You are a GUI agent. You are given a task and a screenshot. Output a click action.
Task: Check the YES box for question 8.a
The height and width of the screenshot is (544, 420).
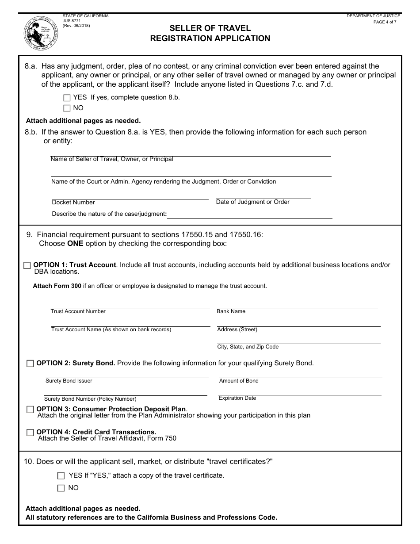point(67,98)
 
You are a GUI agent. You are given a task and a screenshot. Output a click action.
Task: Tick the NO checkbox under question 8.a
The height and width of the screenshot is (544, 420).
point(67,108)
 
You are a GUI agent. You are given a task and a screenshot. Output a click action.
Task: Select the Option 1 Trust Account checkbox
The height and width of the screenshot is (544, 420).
point(27,265)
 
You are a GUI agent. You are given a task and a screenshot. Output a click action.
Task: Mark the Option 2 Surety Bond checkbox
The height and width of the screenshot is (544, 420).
point(30,364)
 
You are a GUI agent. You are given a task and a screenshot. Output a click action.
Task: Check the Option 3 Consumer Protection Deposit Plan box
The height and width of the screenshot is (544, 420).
point(30,410)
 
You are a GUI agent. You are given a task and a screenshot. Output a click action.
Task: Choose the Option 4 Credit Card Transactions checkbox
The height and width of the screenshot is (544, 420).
point(30,433)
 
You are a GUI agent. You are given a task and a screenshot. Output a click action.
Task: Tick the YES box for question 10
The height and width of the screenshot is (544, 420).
point(61,476)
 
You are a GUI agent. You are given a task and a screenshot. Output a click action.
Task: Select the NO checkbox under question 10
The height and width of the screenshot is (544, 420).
point(61,488)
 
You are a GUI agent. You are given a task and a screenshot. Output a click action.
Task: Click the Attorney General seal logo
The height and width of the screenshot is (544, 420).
point(41,34)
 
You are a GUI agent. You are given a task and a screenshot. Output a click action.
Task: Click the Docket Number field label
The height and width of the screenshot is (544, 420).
point(73,203)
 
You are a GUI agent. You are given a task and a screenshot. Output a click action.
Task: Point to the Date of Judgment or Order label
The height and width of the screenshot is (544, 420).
point(252,202)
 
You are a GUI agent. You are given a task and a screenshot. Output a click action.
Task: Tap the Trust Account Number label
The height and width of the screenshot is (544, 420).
point(78,311)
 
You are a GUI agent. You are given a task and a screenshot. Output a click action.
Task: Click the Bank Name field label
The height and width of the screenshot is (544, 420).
point(231,311)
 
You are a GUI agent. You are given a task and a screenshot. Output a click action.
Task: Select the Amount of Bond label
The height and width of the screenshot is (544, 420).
point(239,381)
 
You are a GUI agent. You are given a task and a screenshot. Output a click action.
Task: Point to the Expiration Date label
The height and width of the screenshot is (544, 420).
point(237,398)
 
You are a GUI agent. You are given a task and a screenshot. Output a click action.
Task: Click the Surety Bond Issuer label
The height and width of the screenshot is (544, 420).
point(69,381)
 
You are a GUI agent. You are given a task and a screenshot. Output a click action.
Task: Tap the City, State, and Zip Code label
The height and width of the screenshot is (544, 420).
point(248,347)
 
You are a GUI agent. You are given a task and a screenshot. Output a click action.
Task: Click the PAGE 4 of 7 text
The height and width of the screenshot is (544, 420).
point(385,22)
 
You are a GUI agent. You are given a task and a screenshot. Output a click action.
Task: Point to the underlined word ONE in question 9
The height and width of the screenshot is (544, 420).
point(75,244)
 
